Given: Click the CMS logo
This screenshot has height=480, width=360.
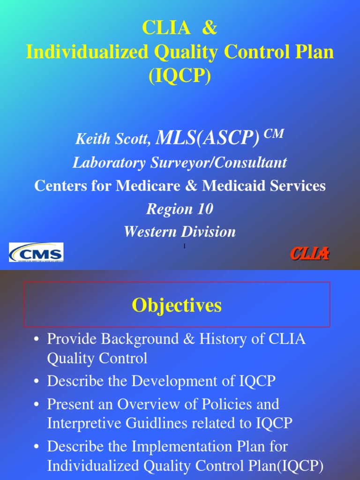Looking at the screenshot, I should pos(36,253).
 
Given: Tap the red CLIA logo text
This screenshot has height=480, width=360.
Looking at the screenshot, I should pos(309,254).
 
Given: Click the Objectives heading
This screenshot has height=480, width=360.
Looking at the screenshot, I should pos(177,306).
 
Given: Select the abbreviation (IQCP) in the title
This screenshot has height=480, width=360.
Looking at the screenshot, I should pos(180,75).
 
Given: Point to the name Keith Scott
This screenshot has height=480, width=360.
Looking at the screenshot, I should pos(113,138).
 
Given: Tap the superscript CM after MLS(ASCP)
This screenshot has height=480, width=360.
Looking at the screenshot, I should pos(274,134).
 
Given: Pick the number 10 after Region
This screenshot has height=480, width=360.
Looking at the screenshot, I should pos(205,209).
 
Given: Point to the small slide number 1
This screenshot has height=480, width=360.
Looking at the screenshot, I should pos(184,246).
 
